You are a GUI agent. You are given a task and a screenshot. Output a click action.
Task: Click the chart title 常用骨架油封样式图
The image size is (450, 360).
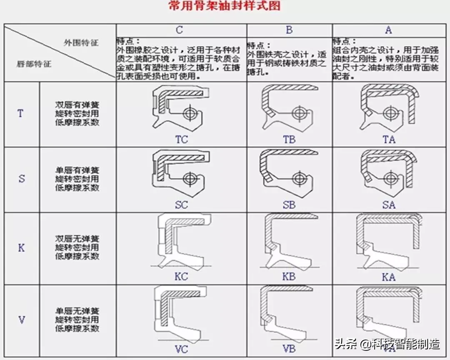225,6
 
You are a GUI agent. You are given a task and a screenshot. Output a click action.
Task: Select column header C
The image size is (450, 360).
179,30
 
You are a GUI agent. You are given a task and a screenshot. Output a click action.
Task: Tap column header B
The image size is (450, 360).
289,30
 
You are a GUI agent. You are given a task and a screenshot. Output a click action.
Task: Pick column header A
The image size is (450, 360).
388,30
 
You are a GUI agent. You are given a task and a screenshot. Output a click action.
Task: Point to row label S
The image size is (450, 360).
22,179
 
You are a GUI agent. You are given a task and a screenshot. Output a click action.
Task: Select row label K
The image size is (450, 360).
21,248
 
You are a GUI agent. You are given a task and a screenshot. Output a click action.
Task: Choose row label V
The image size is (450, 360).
22,320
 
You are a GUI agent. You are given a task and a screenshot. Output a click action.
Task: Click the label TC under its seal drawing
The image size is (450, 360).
181,139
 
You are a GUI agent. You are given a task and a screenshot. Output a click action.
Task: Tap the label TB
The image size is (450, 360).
289,139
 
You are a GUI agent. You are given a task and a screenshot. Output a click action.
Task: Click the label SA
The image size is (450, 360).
389,205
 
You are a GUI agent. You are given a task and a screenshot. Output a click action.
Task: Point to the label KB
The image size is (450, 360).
289,277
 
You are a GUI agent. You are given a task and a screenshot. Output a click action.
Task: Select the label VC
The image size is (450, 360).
181,349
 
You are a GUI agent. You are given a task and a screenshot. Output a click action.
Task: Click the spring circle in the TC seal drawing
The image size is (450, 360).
190,113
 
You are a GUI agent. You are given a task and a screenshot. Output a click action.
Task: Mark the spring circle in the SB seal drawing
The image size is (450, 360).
298,179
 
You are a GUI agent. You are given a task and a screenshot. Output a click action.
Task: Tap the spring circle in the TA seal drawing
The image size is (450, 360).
390,113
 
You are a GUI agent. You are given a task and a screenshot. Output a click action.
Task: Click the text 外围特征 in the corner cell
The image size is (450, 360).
81,42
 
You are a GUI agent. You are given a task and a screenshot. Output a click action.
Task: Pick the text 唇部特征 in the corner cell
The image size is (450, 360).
34,65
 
